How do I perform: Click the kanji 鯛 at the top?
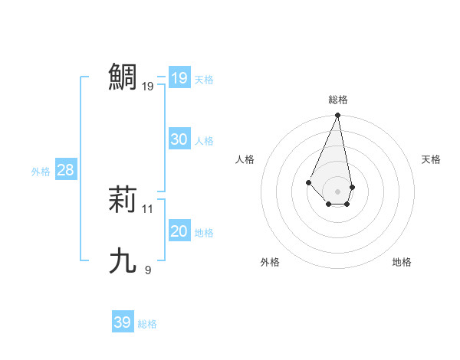(x=123, y=77)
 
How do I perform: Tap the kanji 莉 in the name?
(x=123, y=199)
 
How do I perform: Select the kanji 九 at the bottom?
(x=123, y=261)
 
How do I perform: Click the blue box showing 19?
(x=179, y=78)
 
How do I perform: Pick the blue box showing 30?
(x=179, y=139)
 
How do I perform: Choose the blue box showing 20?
(x=179, y=231)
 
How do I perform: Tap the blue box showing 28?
(x=65, y=170)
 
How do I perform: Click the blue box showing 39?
(x=122, y=322)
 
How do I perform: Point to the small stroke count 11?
(x=148, y=208)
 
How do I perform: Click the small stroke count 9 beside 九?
(x=148, y=270)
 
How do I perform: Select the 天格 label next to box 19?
(x=204, y=80)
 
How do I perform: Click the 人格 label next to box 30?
(x=204, y=141)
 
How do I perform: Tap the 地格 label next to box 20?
(x=204, y=233)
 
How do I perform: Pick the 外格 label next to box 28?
(x=41, y=172)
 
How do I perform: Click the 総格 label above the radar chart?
(x=338, y=100)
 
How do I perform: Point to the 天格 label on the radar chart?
(x=431, y=159)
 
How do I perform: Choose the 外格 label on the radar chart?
(x=270, y=262)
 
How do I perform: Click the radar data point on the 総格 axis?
(x=338, y=116)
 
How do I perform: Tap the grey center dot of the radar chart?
(x=338, y=191)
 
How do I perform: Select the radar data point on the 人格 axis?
(x=308, y=182)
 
